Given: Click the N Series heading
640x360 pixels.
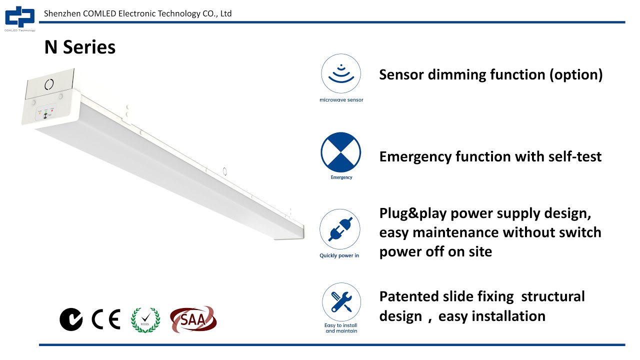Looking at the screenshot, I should [80, 47].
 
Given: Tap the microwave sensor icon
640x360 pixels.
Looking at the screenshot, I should [340, 74].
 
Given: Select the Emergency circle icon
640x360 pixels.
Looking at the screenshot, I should [340, 152].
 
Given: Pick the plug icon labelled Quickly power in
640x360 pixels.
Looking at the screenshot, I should [340, 229].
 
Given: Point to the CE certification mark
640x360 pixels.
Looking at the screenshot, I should [106, 319].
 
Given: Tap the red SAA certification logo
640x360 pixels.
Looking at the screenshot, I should [193, 318].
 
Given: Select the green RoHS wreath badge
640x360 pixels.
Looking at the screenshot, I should [145, 319].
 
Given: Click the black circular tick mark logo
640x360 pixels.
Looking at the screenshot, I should [71, 319].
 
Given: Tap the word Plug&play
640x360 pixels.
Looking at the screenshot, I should [413, 213].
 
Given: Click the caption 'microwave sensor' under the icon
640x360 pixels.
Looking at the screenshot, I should [341, 100].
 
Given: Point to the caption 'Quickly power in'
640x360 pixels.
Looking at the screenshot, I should [339, 255].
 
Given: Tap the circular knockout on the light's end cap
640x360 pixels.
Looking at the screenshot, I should [49, 84].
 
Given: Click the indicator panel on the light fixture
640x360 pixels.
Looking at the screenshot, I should [46, 113].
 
